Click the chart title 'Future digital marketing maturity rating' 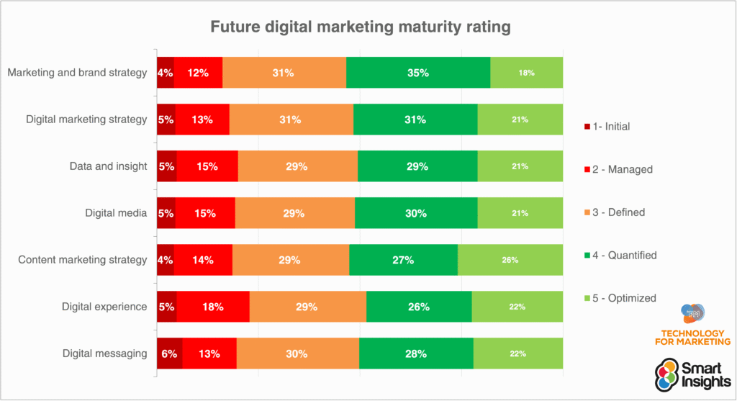point(360,28)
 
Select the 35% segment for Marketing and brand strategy point(417,73)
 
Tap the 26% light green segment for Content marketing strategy point(510,260)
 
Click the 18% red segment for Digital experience point(212,307)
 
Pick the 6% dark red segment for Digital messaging point(169,353)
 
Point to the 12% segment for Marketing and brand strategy point(198,73)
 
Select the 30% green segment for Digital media point(416,213)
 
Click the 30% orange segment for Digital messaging point(297,353)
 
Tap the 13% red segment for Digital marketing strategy point(202,120)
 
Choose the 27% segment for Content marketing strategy point(403,260)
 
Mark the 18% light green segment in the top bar point(526,73)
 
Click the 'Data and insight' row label point(108,166)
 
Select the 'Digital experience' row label point(104,307)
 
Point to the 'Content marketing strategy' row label point(83,260)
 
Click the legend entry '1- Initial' point(611,127)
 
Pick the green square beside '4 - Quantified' point(587,256)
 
